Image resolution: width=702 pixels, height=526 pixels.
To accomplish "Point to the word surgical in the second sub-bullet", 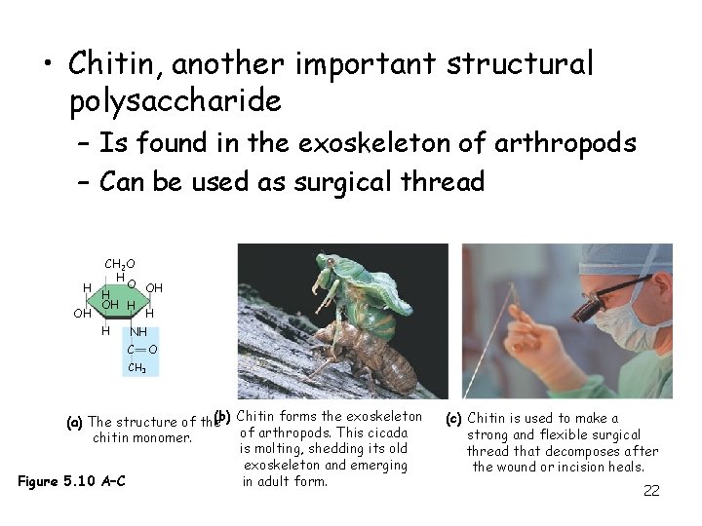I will [x=340, y=181].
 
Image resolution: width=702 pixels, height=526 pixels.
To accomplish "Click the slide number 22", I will [x=651, y=490].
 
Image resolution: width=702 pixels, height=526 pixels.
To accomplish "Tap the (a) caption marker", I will [x=74, y=422].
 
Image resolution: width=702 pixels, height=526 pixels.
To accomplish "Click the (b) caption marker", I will [x=222, y=416].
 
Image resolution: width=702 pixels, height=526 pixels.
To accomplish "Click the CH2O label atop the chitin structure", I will [x=120, y=264].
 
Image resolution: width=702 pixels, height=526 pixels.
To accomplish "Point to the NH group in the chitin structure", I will [x=138, y=332].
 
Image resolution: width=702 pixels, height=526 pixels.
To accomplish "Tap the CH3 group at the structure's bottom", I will [x=136, y=368].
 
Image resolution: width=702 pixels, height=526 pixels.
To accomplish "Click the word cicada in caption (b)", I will [x=395, y=432].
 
